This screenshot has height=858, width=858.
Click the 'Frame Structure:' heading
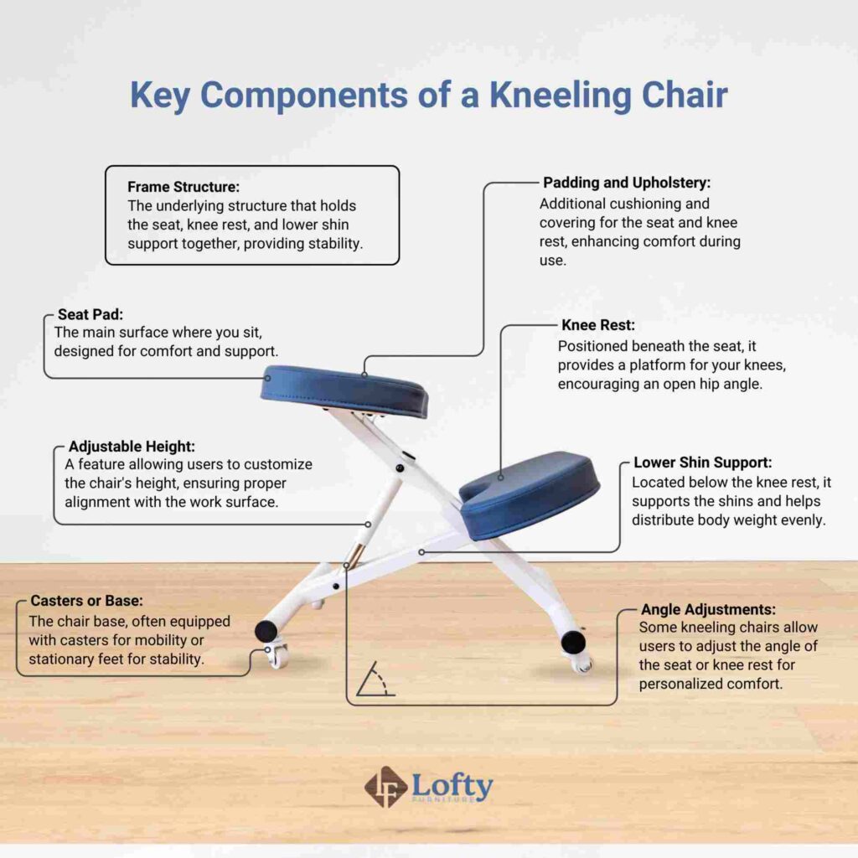[183, 187]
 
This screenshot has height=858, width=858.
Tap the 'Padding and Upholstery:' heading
[627, 182]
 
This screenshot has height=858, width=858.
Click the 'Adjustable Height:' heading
[132, 447]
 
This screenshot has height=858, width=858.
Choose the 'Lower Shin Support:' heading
[702, 463]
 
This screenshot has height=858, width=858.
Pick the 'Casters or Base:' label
[86, 601]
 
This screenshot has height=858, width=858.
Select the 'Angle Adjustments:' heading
[708, 609]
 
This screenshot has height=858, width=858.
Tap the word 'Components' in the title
[311, 96]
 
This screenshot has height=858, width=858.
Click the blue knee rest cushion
[530, 495]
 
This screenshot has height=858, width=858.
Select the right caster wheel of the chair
[581, 664]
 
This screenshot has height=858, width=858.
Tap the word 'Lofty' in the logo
[452, 784]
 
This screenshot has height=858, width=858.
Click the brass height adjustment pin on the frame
[358, 554]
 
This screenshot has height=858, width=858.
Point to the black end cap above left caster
[266, 630]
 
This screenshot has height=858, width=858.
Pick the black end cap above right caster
[573, 642]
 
